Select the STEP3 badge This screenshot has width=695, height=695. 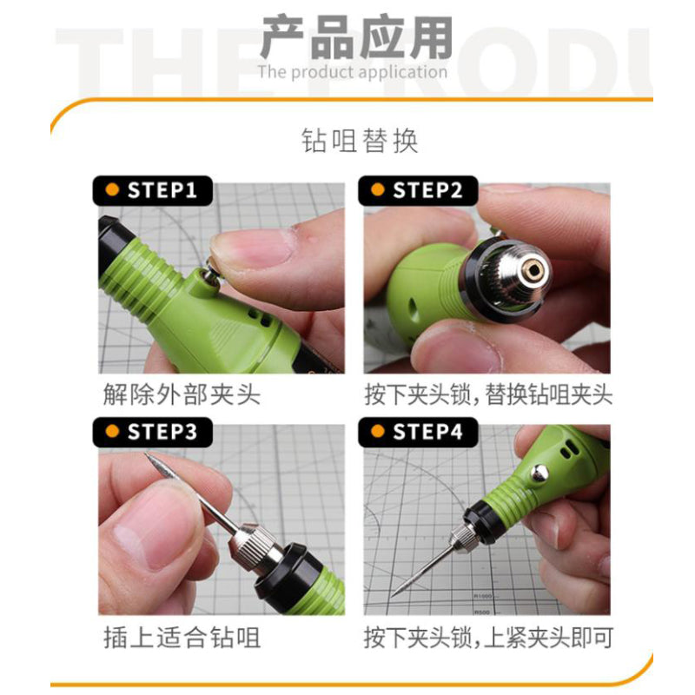pyautogui.click(x=151, y=432)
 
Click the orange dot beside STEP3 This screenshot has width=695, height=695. pyautogui.click(x=111, y=432)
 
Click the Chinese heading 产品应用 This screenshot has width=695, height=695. pyautogui.click(x=357, y=40)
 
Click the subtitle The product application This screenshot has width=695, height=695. pyautogui.click(x=352, y=71)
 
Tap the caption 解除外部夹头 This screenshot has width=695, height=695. pyautogui.click(x=181, y=395)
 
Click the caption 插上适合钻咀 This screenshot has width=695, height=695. pyautogui.click(x=181, y=639)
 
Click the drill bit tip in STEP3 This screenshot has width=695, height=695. pyautogui.click(x=149, y=455)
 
